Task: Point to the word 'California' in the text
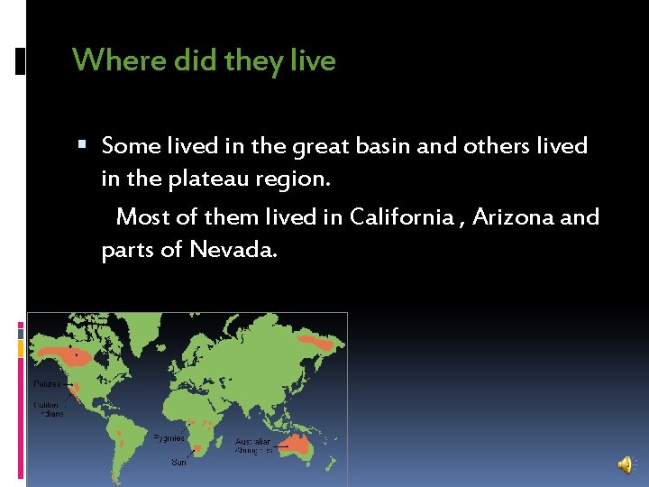click(400, 216)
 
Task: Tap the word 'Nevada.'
click(233, 250)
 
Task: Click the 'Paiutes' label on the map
click(48, 383)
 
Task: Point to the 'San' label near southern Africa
click(179, 462)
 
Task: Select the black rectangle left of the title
click(20, 61)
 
